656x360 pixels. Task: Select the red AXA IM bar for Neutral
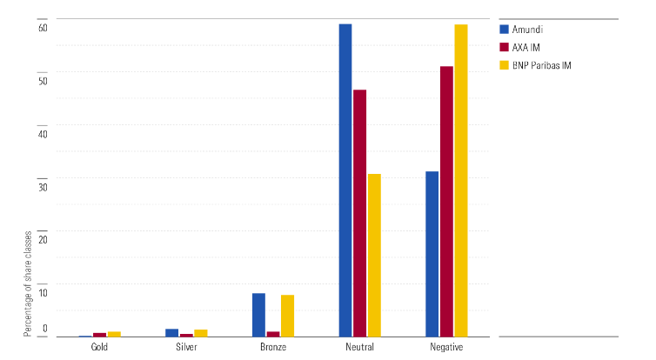[359, 213]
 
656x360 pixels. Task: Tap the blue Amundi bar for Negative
[432, 254]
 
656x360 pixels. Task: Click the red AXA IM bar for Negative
[446, 201]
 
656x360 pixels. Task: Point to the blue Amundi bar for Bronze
[258, 315]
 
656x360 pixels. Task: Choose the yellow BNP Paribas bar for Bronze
[287, 316]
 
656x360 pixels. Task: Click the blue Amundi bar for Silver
[171, 332]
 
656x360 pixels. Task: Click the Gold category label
[99, 348]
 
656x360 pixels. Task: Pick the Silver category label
[185, 348]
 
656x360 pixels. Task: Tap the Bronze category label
[272, 348]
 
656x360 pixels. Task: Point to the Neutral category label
[359, 348]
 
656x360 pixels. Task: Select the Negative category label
[446, 348]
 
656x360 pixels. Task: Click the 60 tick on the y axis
[42, 28]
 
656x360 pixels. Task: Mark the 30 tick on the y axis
[42, 184]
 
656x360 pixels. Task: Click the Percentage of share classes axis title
[28, 282]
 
